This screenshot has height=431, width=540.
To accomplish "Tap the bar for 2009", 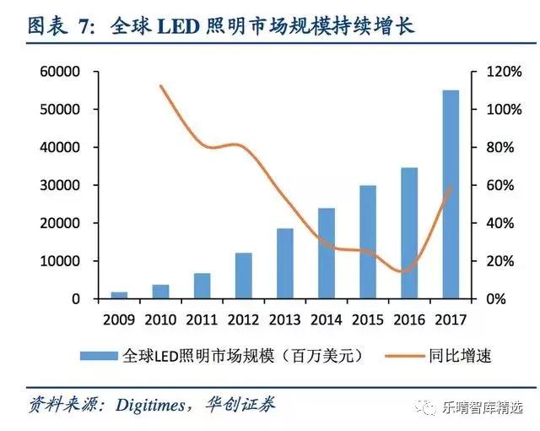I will [120, 295].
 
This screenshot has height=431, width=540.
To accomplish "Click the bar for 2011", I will [202, 286].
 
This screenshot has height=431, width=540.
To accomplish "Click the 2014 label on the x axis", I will [326, 320].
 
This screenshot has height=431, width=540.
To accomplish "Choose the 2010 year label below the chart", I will [160, 320].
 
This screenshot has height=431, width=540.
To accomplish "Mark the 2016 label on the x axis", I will [408, 320].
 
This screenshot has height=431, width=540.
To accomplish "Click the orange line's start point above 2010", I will [160, 85].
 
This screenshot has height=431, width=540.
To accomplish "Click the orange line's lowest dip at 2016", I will [405, 272].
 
